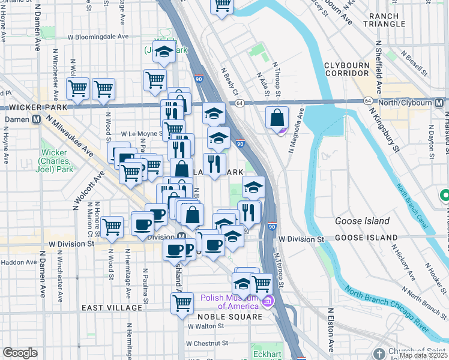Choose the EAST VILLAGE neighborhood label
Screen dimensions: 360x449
[112, 308]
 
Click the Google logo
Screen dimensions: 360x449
[20, 353]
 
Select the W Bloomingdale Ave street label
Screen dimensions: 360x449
[98, 36]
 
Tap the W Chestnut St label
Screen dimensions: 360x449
[208, 343]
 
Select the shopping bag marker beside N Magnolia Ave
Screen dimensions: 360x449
[277, 119]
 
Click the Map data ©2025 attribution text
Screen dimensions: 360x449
[423, 355]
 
